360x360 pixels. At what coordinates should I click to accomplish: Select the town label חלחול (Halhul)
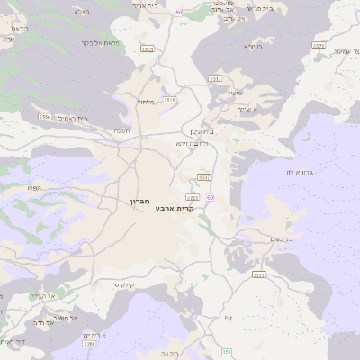tap(146, 102)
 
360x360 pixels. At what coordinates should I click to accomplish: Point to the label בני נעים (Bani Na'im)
tap(282, 238)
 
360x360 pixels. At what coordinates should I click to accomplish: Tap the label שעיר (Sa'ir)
tap(236, 93)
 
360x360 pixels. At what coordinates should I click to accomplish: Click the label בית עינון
tap(204, 130)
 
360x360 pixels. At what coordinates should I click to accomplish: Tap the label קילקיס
tap(123, 285)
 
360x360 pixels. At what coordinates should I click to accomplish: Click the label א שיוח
tap(249, 109)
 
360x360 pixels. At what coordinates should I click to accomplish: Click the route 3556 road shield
tap(44, 116)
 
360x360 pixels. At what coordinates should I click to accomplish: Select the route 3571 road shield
tap(318, 44)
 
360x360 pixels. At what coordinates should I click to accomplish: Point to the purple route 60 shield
tap(210, 196)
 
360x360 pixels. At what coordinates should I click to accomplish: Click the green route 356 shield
tap(227, 352)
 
